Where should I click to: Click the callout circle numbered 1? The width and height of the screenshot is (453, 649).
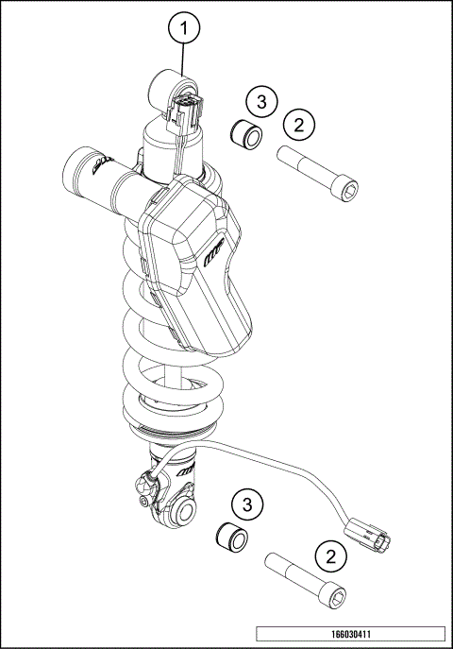(x=185, y=29)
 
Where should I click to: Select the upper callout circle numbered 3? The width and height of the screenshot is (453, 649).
(x=262, y=101)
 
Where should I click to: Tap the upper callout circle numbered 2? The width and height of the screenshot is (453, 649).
(x=299, y=124)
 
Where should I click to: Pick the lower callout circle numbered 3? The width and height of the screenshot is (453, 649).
(x=247, y=504)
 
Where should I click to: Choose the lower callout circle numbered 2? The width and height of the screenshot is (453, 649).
(x=331, y=555)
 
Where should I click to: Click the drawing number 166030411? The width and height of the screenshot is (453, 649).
(x=349, y=634)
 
